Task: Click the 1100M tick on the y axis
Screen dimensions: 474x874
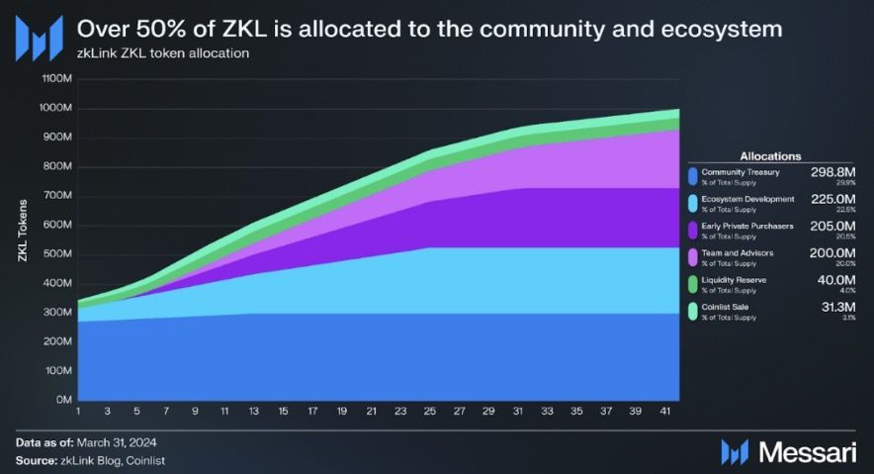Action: pyautogui.click(x=54, y=78)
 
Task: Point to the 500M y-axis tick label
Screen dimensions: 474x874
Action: pyautogui.click(x=56, y=253)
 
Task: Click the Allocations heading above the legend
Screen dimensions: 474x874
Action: pyautogui.click(x=770, y=155)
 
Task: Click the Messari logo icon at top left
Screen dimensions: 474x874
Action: pyautogui.click(x=40, y=37)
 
